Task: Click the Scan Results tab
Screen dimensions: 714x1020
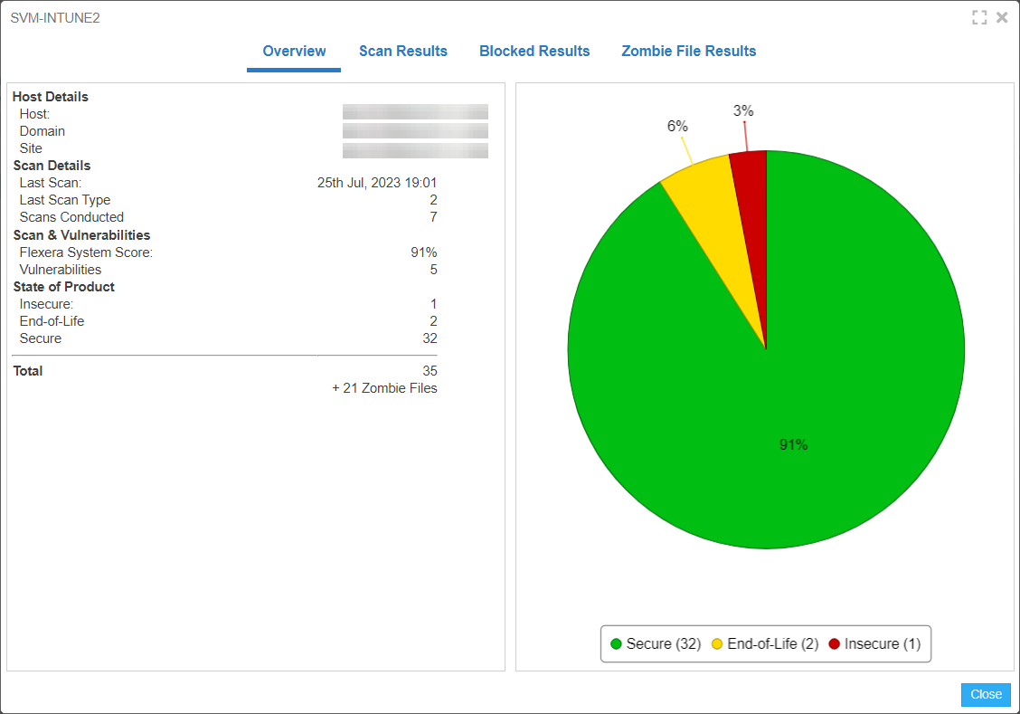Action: pyautogui.click(x=402, y=52)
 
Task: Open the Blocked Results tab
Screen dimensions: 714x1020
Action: pyautogui.click(x=534, y=52)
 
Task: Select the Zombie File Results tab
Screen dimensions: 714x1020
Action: pyautogui.click(x=688, y=52)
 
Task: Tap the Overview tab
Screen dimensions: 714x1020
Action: pyautogui.click(x=294, y=52)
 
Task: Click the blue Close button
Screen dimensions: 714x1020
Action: pyautogui.click(x=986, y=694)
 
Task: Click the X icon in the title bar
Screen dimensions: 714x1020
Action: pyautogui.click(x=1002, y=17)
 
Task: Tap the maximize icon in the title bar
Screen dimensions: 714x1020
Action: pyautogui.click(x=979, y=17)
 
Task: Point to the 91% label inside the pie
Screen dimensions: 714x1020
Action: pyautogui.click(x=793, y=445)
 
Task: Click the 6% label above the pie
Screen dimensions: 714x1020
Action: pyautogui.click(x=677, y=127)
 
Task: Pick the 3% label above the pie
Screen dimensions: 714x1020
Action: pyautogui.click(x=743, y=111)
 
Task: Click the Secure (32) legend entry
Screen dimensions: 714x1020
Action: pyautogui.click(x=656, y=644)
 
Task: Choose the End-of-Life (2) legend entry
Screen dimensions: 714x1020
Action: pyautogui.click(x=765, y=644)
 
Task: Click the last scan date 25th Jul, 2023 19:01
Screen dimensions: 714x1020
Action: pyautogui.click(x=377, y=183)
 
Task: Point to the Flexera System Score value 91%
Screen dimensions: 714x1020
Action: pyautogui.click(x=423, y=252)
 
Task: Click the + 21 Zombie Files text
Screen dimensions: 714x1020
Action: pyautogui.click(x=384, y=388)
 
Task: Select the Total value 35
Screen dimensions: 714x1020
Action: pyautogui.click(x=430, y=371)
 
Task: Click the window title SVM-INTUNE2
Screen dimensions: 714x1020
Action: pyautogui.click(x=55, y=18)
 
